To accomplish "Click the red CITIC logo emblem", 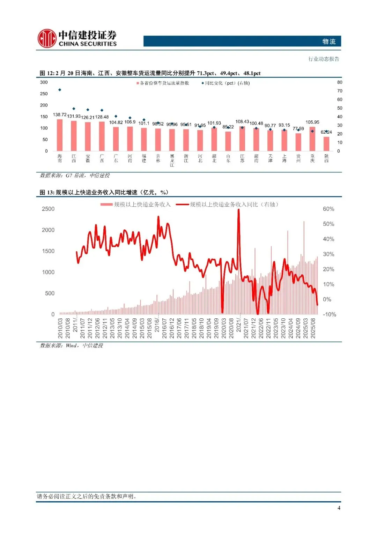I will tap(47, 38).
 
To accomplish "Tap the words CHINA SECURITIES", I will tap(88, 44).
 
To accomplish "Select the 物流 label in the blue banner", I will tap(329, 42).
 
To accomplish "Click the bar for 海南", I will tap(60, 135).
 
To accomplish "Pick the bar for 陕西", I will tap(326, 144).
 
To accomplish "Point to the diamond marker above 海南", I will tap(60, 90).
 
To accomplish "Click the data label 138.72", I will tap(60, 115).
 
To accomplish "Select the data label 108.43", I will tap(242, 122).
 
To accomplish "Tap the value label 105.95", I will tap(312, 122).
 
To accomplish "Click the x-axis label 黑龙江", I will tap(172, 160).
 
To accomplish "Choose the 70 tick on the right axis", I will tap(340, 91).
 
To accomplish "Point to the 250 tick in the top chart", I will tap(44, 94).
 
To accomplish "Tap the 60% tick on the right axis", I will tap(328, 209).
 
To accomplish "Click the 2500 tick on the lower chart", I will tap(48, 209).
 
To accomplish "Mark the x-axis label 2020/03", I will tap(224, 328).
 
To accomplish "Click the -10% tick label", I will tap(329, 314).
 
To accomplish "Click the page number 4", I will tap(339, 508).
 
